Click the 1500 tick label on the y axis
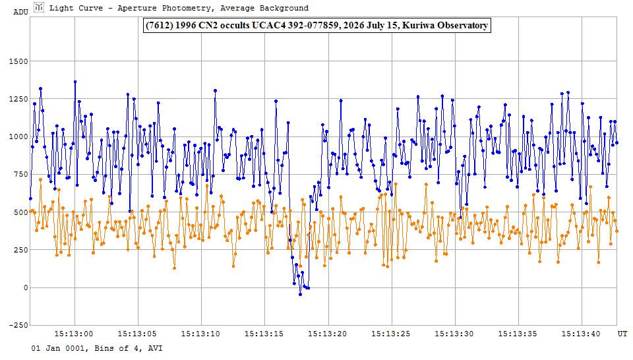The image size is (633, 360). pyautogui.click(x=18, y=61)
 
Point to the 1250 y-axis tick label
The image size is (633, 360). pyautogui.click(x=18, y=99)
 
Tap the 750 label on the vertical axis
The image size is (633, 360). pyautogui.click(x=21, y=174)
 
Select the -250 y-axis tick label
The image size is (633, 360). pyautogui.click(x=18, y=325)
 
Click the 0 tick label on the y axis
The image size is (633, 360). pyautogui.click(x=26, y=287)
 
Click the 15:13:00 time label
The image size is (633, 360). pyautogui.click(x=73, y=334)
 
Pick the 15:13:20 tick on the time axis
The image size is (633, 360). pyautogui.click(x=328, y=334)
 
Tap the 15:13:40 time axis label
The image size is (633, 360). pyautogui.click(x=581, y=334)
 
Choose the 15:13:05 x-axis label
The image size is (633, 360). pyautogui.click(x=137, y=334)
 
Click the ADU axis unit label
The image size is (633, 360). pyautogui.click(x=20, y=12)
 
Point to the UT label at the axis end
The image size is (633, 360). pyautogui.click(x=622, y=334)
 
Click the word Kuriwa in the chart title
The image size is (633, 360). pyautogui.click(x=419, y=26)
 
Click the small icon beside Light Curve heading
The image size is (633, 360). pyautogui.click(x=39, y=7)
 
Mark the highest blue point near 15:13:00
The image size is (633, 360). pyautogui.click(x=75, y=82)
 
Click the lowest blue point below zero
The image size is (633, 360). pyautogui.click(x=301, y=295)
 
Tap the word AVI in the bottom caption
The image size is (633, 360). pyautogui.click(x=155, y=348)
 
